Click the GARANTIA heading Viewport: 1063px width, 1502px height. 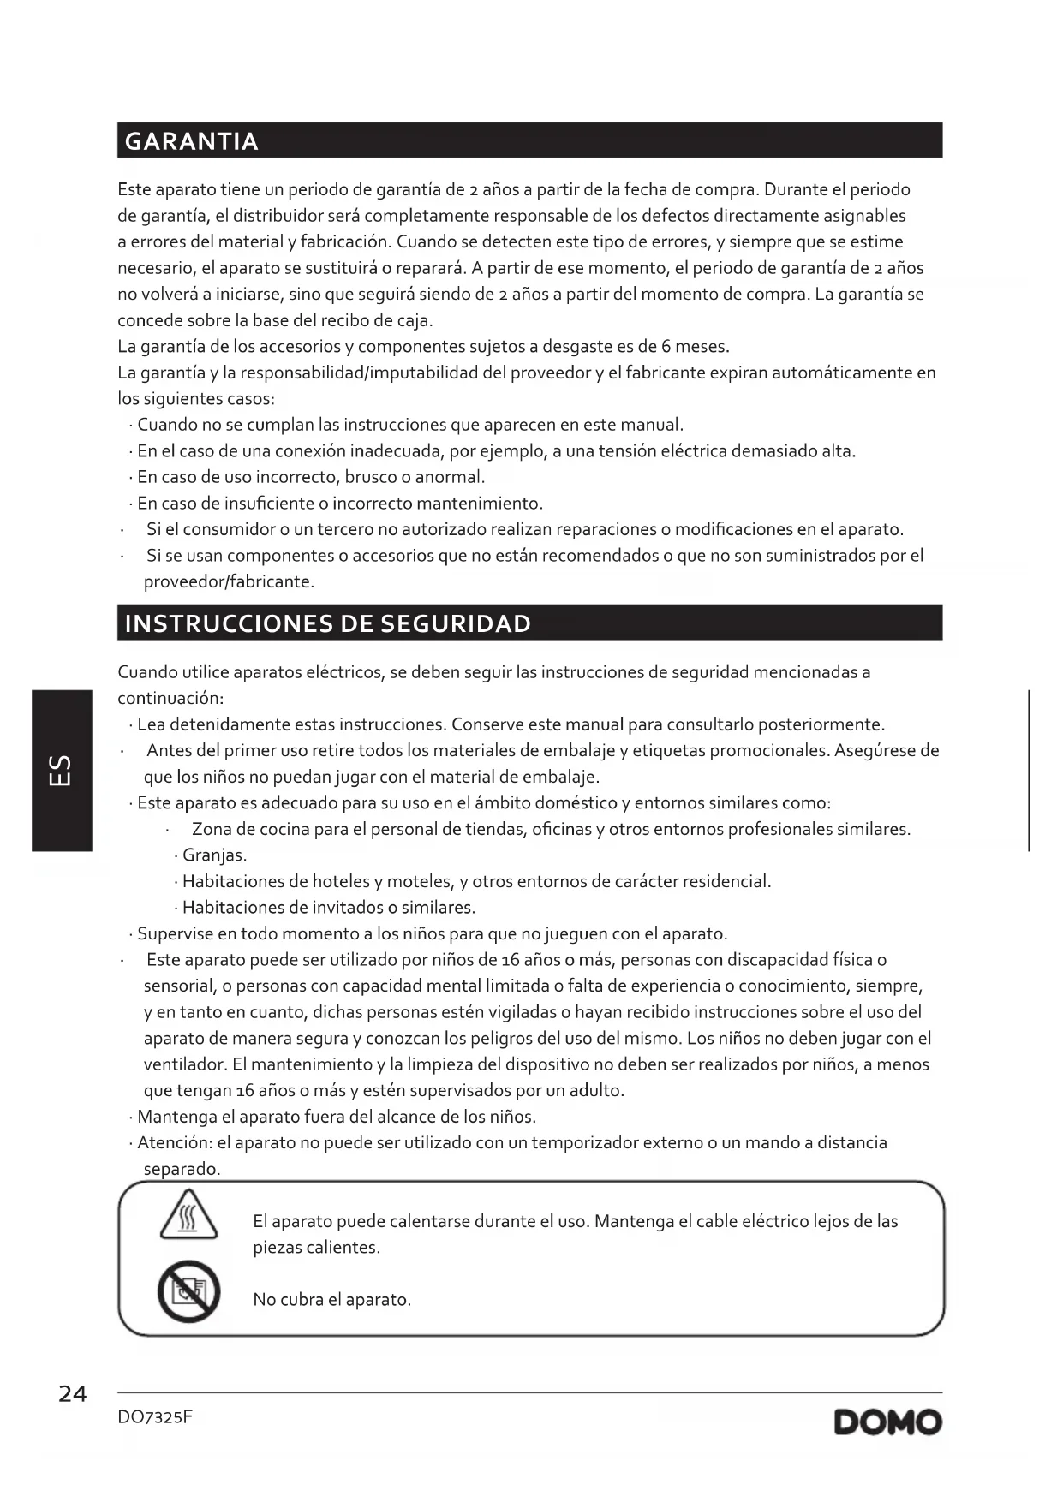(x=192, y=141)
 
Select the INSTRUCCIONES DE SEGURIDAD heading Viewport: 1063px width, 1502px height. (x=328, y=623)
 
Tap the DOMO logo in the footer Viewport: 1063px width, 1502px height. (x=887, y=1422)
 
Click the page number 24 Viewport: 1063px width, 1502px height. (x=73, y=1394)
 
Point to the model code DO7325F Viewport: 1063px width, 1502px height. (x=155, y=1417)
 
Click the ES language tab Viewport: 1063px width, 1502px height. (x=62, y=770)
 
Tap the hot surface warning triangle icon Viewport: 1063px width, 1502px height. (x=188, y=1216)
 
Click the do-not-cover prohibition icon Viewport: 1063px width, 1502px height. (x=188, y=1291)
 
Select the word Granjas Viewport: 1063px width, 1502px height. (x=214, y=855)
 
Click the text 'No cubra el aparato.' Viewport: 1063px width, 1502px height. (x=331, y=1300)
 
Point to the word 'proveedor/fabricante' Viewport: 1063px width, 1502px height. (x=228, y=582)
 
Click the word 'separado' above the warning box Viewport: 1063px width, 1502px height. (x=182, y=1170)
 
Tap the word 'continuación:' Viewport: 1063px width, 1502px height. (x=170, y=699)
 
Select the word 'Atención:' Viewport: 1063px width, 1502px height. (x=175, y=1143)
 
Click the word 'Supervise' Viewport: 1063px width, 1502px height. (x=174, y=934)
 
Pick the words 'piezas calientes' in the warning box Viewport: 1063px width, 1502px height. (x=316, y=1248)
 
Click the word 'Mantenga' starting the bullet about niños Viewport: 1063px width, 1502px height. (x=176, y=1118)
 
